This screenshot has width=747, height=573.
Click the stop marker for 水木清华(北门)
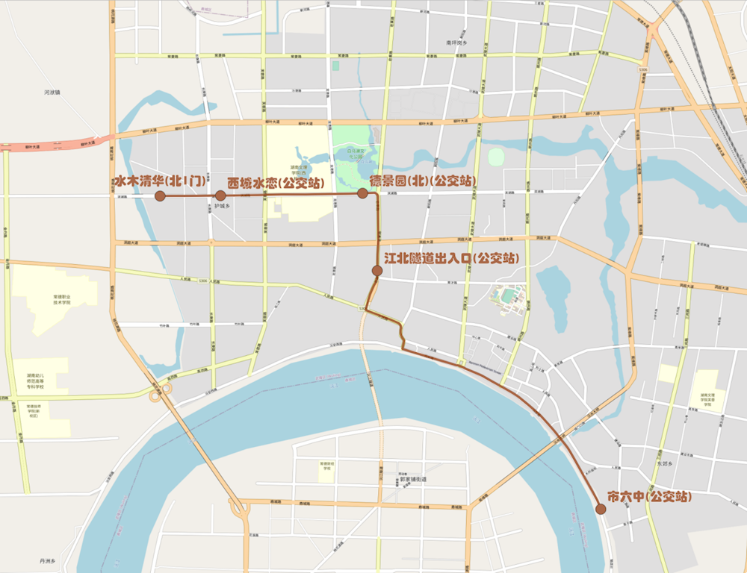coord(159,195)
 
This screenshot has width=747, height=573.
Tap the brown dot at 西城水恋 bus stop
coord(220,195)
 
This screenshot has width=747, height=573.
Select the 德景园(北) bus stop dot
coord(362,193)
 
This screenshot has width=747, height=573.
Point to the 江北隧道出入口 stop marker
coord(377,271)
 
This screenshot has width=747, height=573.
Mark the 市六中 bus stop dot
coord(601,509)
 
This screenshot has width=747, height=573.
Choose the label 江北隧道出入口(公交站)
coord(452,258)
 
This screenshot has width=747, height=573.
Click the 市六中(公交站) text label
coord(648,496)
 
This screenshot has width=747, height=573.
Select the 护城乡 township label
coord(221,206)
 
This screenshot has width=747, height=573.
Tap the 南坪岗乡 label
coord(456,43)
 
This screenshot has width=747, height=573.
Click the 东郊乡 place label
coord(665,463)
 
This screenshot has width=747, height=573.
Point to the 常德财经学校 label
coord(326,466)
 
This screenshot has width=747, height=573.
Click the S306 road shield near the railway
coord(642,69)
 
